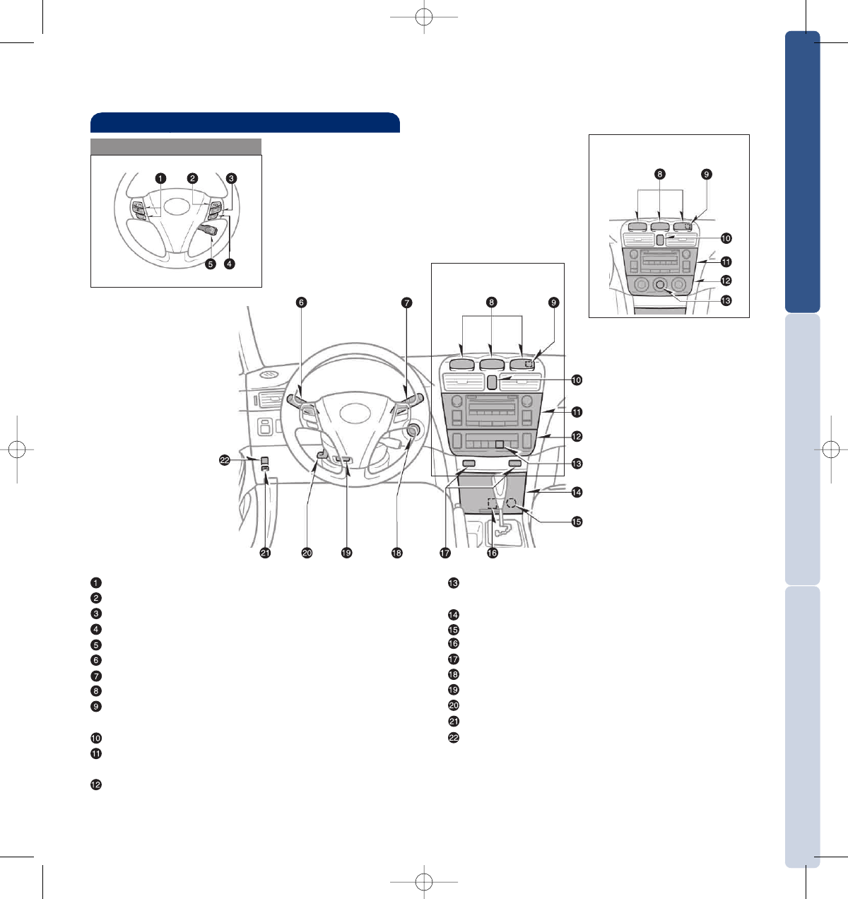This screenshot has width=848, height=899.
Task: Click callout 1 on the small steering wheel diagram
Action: coord(160,178)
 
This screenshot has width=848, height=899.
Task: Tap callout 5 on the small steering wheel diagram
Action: coord(211,264)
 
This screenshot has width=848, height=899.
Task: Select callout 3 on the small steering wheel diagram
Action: coord(231,178)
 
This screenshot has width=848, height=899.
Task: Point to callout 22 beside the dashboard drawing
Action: coord(225,460)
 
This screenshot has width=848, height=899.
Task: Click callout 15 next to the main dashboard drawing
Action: coord(577,522)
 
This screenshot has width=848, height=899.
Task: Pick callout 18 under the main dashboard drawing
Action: coord(396,553)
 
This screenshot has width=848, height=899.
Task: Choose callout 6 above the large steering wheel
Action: coord(302,302)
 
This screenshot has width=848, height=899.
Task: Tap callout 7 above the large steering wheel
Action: coord(406,302)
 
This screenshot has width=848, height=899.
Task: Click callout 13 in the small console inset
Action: coord(726,300)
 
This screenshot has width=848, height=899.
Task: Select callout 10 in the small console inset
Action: coord(726,238)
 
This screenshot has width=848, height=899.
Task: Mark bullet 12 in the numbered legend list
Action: coord(96,785)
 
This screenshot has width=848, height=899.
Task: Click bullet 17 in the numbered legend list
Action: coord(453,659)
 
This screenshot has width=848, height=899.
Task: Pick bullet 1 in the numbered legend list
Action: coord(96,582)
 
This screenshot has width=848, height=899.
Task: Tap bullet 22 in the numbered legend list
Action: coord(453,738)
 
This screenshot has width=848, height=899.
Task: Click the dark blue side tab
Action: coord(802,172)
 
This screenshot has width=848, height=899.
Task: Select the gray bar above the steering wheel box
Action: coord(176,147)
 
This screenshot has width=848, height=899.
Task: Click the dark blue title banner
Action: coord(245,122)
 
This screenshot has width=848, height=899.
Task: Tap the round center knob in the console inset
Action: coord(659,285)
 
